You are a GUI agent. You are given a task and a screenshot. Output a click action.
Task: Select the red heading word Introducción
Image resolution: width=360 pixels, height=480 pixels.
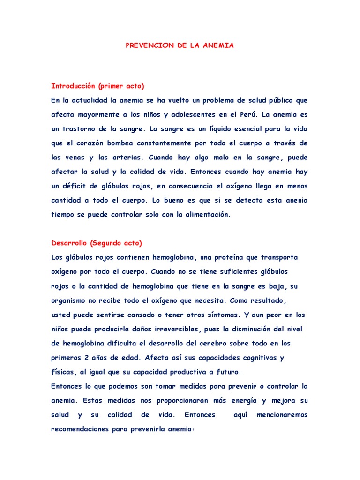pos(73,86)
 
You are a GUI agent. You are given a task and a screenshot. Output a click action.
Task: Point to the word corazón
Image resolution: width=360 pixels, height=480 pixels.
pos(93,143)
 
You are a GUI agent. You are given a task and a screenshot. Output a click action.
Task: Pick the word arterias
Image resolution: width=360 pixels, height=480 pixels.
pos(123,157)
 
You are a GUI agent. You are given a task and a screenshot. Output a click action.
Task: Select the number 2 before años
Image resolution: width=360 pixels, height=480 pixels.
pos(88,358)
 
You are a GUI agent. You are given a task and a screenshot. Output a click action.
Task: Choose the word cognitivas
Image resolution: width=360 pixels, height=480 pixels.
pos(254,358)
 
